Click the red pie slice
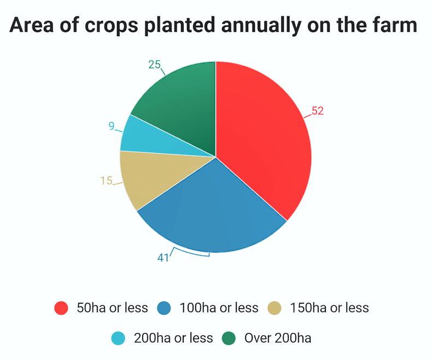pyautogui.click(x=262, y=142)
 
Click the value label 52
pyautogui.click(x=318, y=111)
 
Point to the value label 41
pyautogui.click(x=164, y=257)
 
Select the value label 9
pyautogui.click(x=112, y=126)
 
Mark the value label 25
pyautogui.click(x=154, y=65)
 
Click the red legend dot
pyautogui.click(x=61, y=308)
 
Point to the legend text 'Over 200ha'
pyautogui.click(x=278, y=338)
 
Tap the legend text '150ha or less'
pyautogui.click(x=329, y=308)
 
